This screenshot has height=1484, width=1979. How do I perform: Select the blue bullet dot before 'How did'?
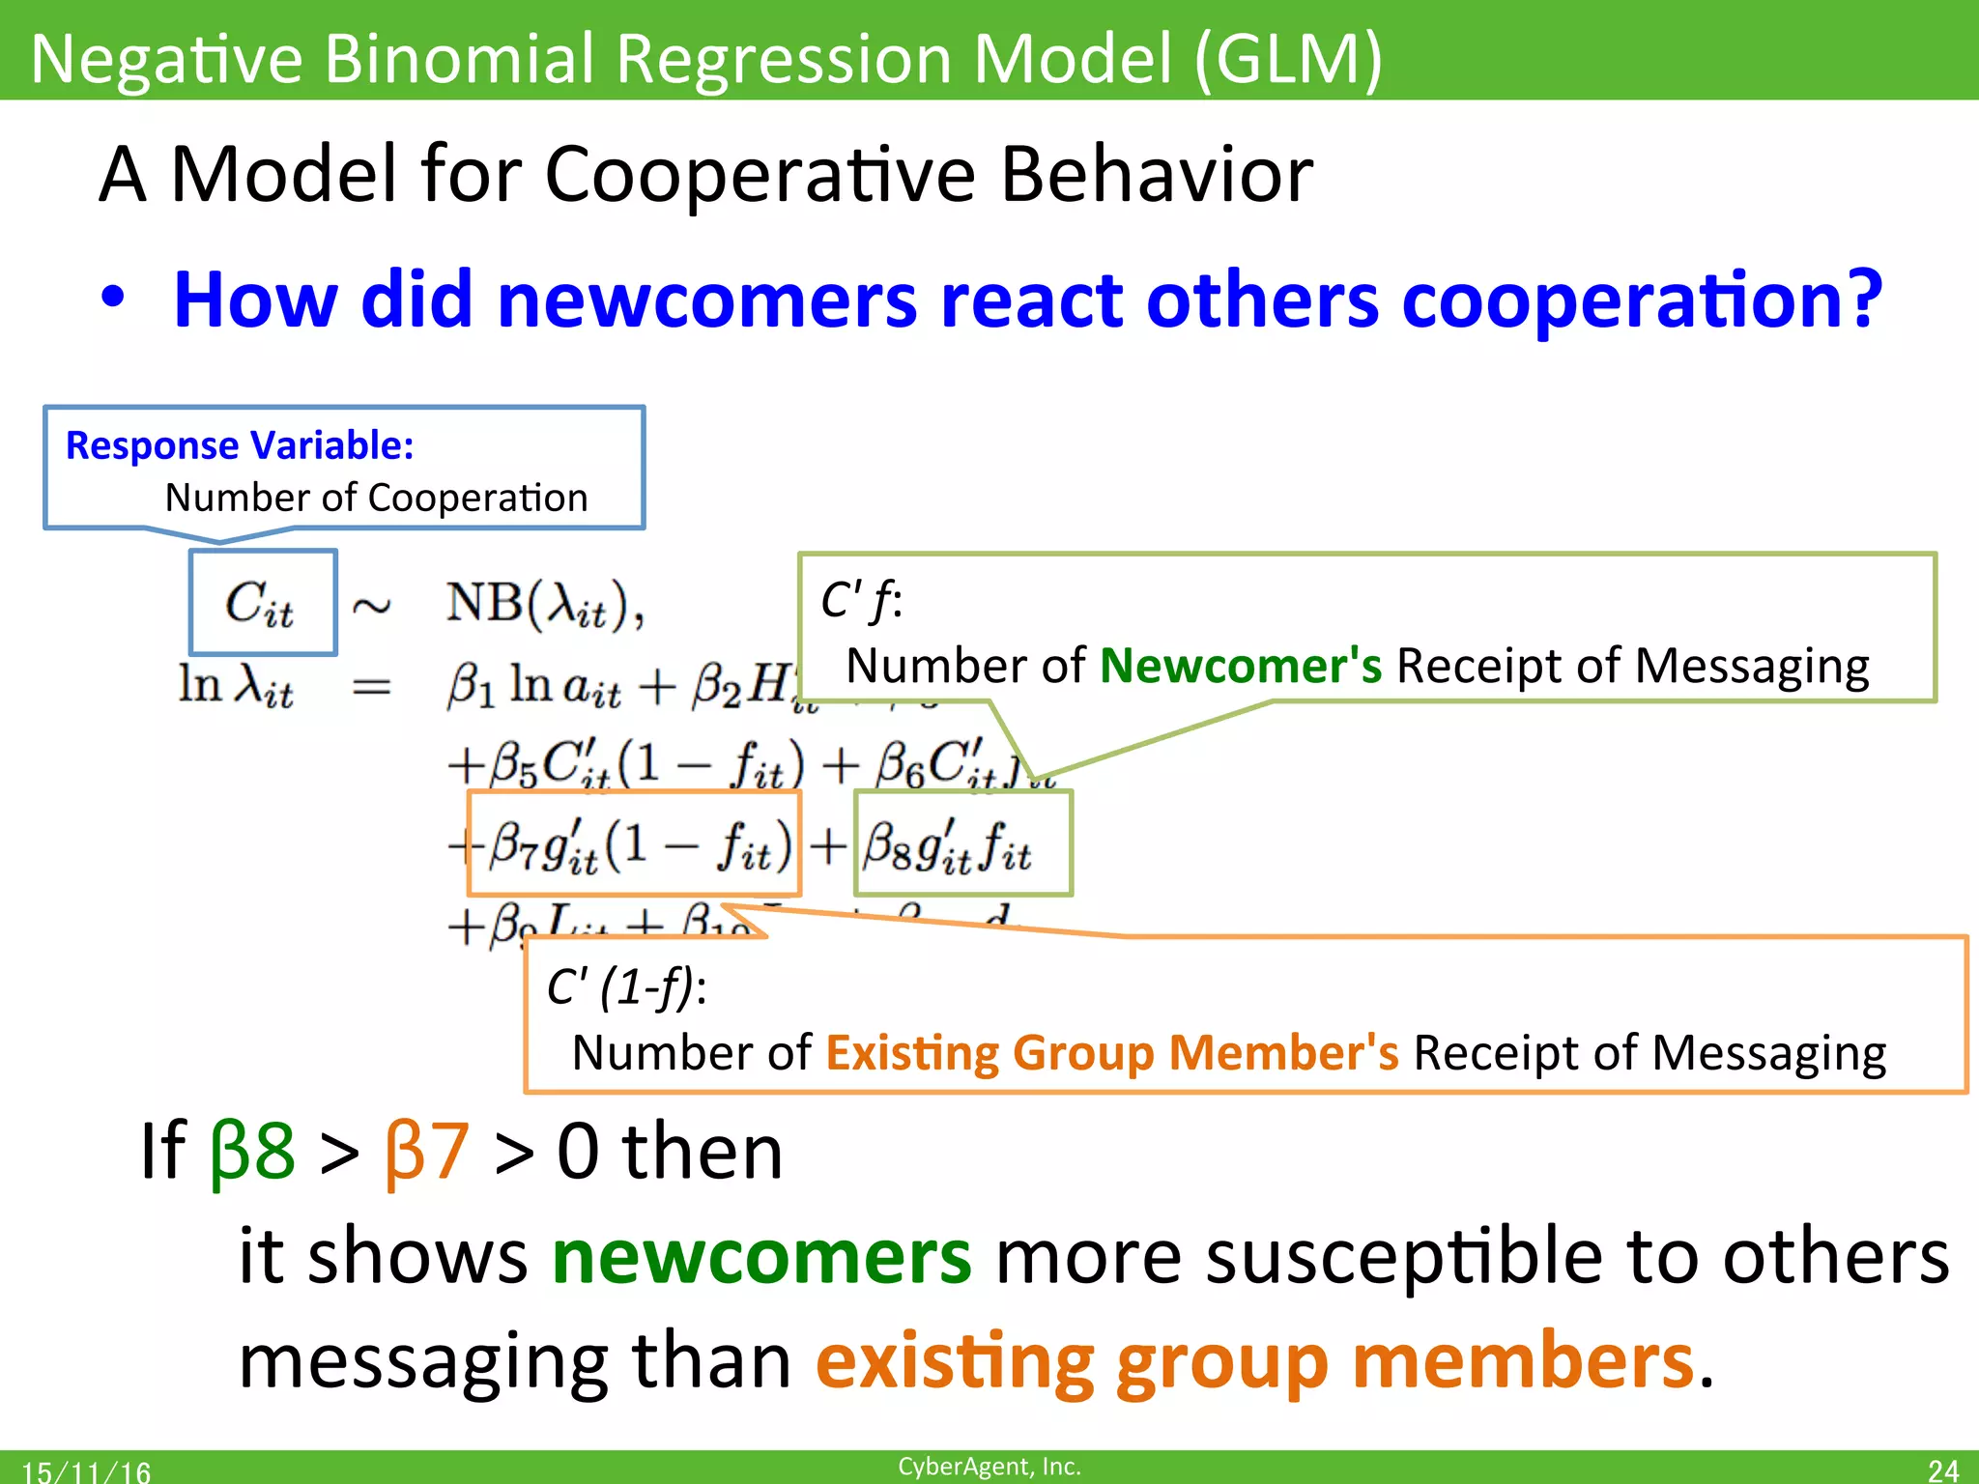(113, 298)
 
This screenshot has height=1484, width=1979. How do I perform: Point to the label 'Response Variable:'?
(240, 445)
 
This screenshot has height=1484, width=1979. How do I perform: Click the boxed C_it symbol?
(261, 603)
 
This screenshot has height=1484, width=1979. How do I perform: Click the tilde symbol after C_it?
(371, 607)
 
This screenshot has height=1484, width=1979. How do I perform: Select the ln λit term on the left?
(236, 686)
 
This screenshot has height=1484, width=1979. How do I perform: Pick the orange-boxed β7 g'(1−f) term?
(634, 844)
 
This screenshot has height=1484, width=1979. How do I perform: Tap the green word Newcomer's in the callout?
(1241, 666)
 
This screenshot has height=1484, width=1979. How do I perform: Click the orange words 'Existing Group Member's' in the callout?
(1111, 1052)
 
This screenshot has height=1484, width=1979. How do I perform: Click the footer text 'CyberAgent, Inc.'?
(989, 1466)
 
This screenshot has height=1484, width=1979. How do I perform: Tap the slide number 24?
(1942, 1470)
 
